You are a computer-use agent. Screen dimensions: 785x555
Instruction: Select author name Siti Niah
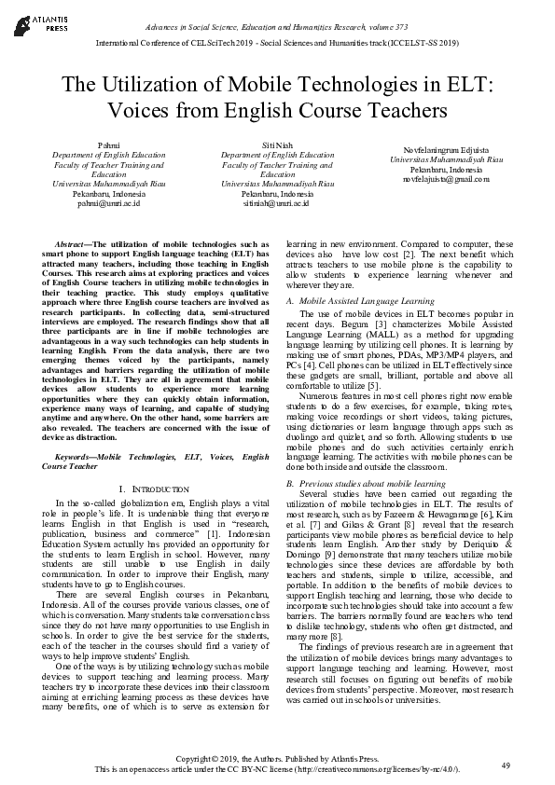[x=278, y=146]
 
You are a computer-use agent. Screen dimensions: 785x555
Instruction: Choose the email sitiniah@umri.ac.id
[x=278, y=202]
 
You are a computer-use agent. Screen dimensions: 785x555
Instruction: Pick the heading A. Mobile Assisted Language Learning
[x=360, y=301]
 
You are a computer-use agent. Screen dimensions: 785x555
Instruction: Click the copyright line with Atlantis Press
[x=277, y=760]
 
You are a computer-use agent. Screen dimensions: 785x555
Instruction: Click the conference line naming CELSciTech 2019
[x=276, y=44]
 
